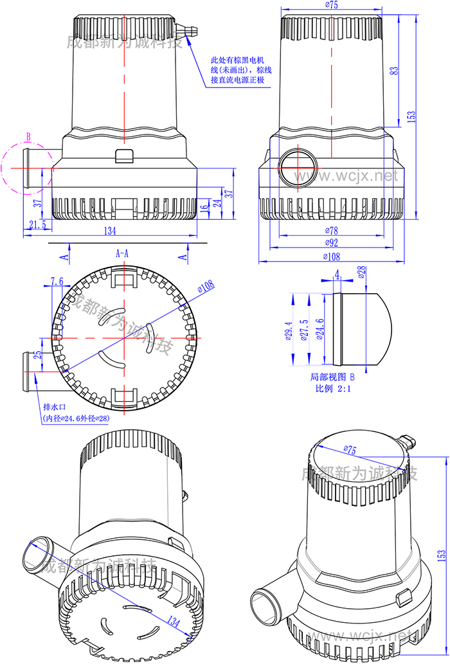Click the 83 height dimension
[394, 71]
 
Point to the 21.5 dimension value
[37, 224]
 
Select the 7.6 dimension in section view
[57, 281]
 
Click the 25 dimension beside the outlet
[38, 355]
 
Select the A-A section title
[122, 254]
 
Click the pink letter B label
[28, 136]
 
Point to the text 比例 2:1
[332, 388]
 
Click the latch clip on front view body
[123, 156]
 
